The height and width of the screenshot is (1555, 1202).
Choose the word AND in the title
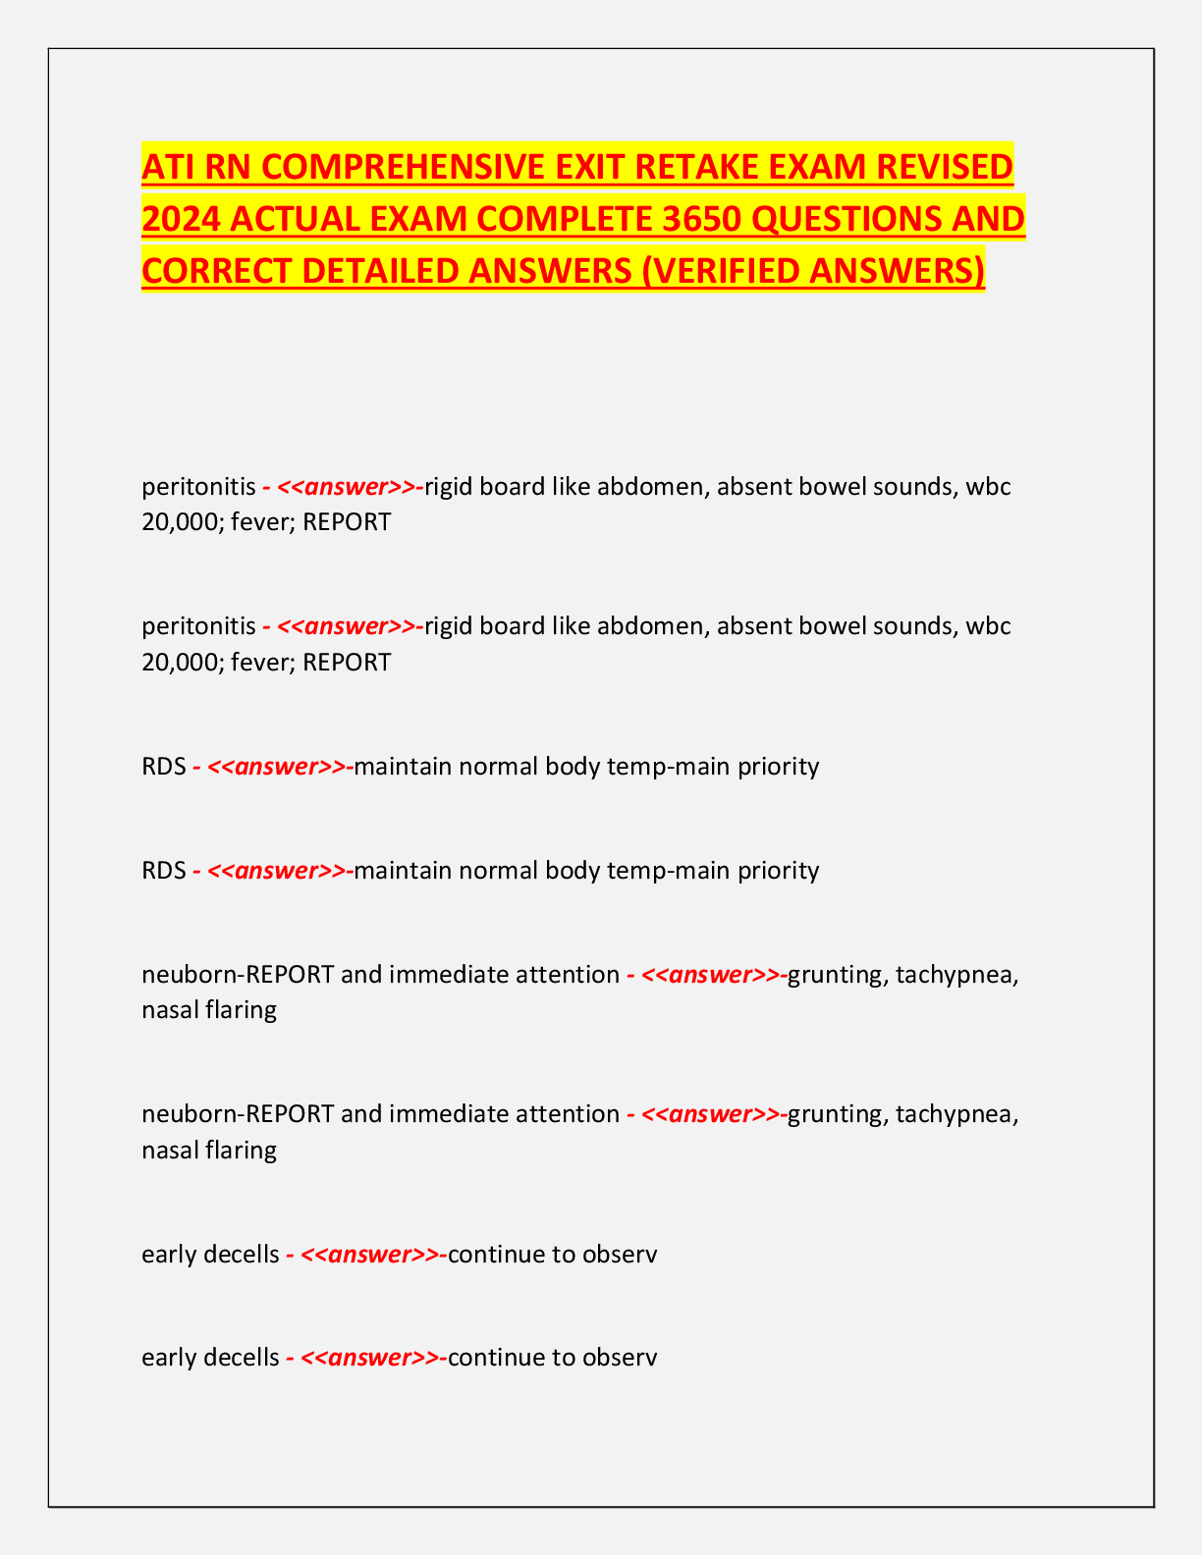point(986,219)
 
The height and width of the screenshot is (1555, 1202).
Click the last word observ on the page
point(620,1358)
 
